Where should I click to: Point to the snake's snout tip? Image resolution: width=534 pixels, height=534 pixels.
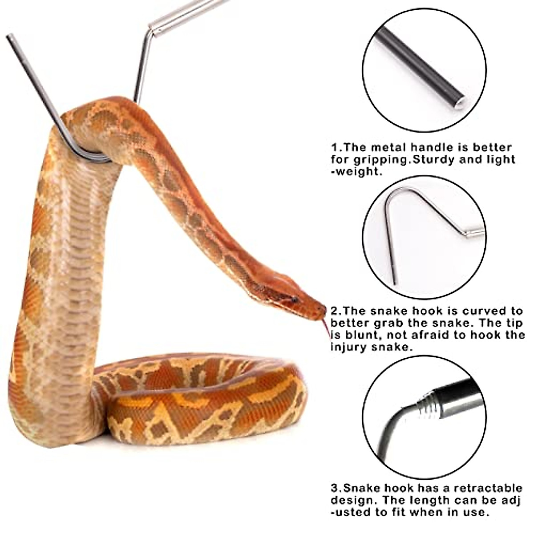click(x=324, y=309)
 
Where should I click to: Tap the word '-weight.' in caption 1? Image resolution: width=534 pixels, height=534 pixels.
click(x=356, y=171)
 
